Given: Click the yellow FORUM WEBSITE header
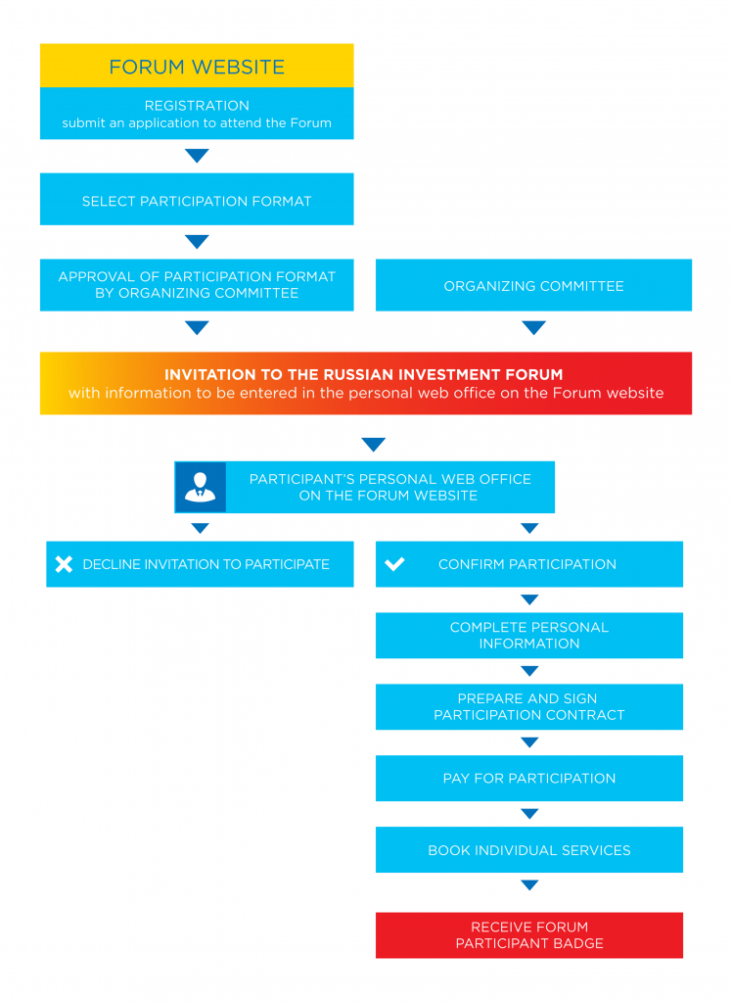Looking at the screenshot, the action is (197, 66).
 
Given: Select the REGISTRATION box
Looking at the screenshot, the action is (197, 113).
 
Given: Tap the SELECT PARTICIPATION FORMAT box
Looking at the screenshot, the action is (197, 200).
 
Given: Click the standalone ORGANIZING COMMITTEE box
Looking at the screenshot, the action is (533, 285).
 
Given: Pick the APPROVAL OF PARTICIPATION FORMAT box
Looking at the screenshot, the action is (197, 285).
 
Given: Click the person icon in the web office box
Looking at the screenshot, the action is (200, 487).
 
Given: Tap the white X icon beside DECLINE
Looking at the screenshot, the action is (64, 564).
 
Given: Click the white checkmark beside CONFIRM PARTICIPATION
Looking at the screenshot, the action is (394, 563).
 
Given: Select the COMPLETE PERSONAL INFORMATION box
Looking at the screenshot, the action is (528, 636).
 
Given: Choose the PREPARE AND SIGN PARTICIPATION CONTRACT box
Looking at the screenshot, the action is (528, 707).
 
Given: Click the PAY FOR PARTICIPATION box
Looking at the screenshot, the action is (528, 779).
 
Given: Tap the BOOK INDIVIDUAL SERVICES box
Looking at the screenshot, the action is (528, 850).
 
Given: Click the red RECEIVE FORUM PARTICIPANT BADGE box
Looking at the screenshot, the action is (528, 934).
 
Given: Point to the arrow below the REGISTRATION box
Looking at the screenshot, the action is (197, 156).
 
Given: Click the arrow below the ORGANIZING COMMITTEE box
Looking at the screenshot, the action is (533, 327).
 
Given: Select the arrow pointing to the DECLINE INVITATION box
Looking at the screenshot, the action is (200, 528).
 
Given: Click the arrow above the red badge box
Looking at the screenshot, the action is (529, 884).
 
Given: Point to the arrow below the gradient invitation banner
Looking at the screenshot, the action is (373, 444).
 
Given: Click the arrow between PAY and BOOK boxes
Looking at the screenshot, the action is (529, 813).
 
